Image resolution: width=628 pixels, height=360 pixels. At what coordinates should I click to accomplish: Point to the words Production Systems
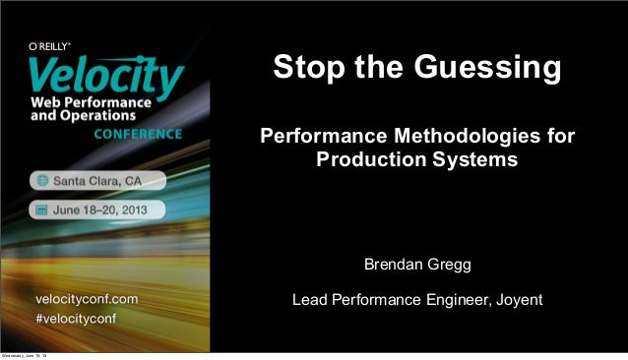pos(416,157)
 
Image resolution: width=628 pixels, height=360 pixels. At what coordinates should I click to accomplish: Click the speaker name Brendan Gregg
pos(417,266)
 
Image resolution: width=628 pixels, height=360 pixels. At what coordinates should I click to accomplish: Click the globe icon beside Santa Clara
pos(42,180)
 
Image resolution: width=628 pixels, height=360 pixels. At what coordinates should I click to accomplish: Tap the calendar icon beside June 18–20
pos(42,210)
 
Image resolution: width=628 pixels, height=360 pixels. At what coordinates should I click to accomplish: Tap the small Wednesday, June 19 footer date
pos(29,354)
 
